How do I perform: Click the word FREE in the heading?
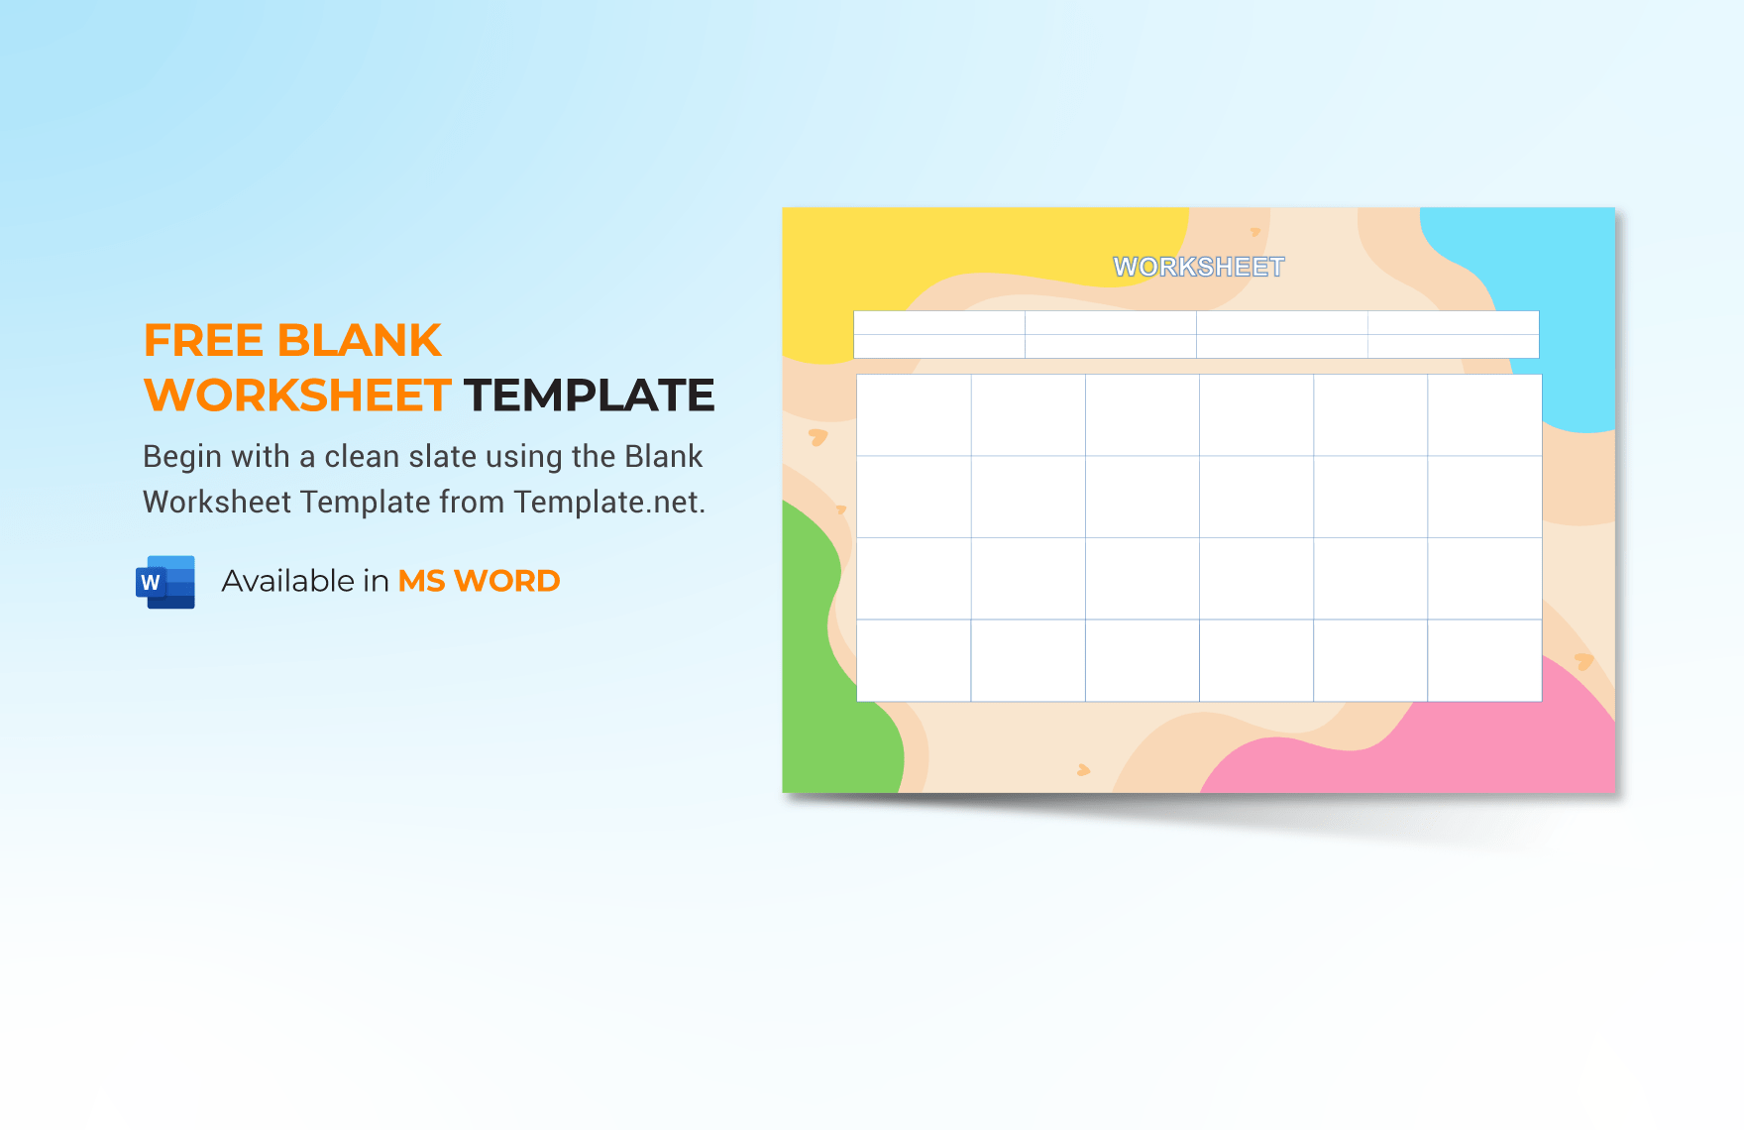point(204,341)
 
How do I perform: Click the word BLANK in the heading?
point(360,341)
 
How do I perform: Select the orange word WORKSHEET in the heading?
point(297,395)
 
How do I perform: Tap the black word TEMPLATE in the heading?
point(590,395)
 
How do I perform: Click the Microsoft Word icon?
point(165,582)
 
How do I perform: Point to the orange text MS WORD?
point(479,581)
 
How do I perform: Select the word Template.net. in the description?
point(609,503)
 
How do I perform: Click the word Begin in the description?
point(182,457)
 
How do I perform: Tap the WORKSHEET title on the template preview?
point(1199,267)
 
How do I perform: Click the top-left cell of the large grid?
point(914,415)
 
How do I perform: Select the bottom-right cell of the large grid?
point(1484,661)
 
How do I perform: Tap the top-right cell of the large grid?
point(1484,415)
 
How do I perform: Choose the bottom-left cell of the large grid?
point(914,661)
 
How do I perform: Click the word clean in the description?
point(363,457)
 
